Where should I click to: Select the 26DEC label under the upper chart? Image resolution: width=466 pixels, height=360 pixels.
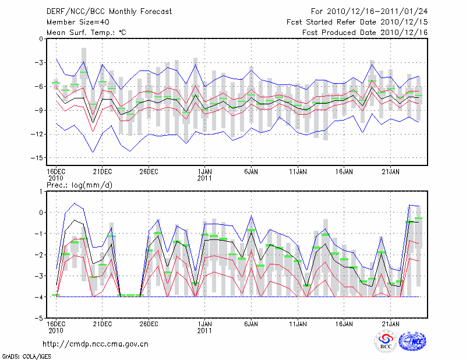tap(149, 172)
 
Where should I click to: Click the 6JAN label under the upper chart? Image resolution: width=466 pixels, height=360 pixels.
tap(251, 172)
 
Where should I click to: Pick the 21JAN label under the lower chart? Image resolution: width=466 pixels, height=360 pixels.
tap(391, 324)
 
